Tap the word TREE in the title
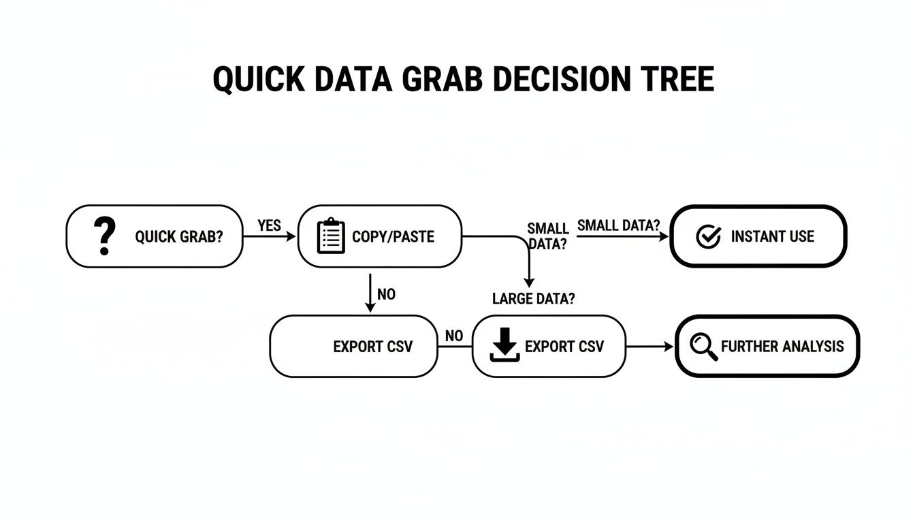(677, 80)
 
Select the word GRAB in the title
(440, 80)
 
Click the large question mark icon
(103, 236)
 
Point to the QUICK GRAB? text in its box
(179, 237)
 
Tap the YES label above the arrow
(270, 225)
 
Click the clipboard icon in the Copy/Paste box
(332, 236)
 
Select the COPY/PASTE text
(393, 237)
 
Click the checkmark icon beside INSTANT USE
(709, 236)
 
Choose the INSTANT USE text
(772, 237)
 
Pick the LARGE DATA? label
(533, 299)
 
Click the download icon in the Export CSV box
(505, 346)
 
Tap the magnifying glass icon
(703, 347)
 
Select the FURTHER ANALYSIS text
(782, 347)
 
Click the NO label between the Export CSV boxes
(454, 336)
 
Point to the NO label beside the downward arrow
(386, 295)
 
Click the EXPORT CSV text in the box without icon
(372, 347)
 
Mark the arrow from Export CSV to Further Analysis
(649, 347)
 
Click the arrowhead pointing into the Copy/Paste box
(293, 236)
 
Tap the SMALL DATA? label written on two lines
(547, 236)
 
